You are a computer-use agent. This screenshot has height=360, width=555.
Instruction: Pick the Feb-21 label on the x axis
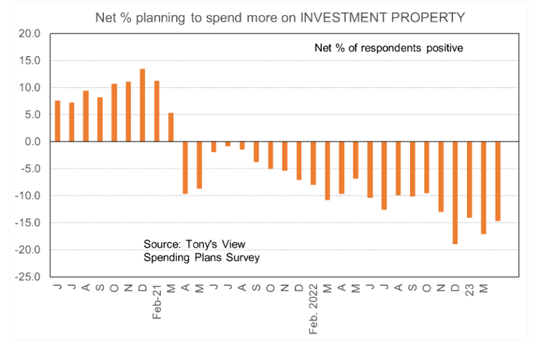click(x=157, y=301)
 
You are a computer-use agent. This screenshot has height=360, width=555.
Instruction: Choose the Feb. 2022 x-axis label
click(x=314, y=308)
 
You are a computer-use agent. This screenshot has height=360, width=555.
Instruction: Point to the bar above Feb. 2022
click(x=314, y=163)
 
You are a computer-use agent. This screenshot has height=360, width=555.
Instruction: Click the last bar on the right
click(x=498, y=181)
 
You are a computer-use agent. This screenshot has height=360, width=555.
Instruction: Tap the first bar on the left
click(x=57, y=121)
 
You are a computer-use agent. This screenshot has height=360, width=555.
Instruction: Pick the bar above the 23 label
click(x=470, y=180)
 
